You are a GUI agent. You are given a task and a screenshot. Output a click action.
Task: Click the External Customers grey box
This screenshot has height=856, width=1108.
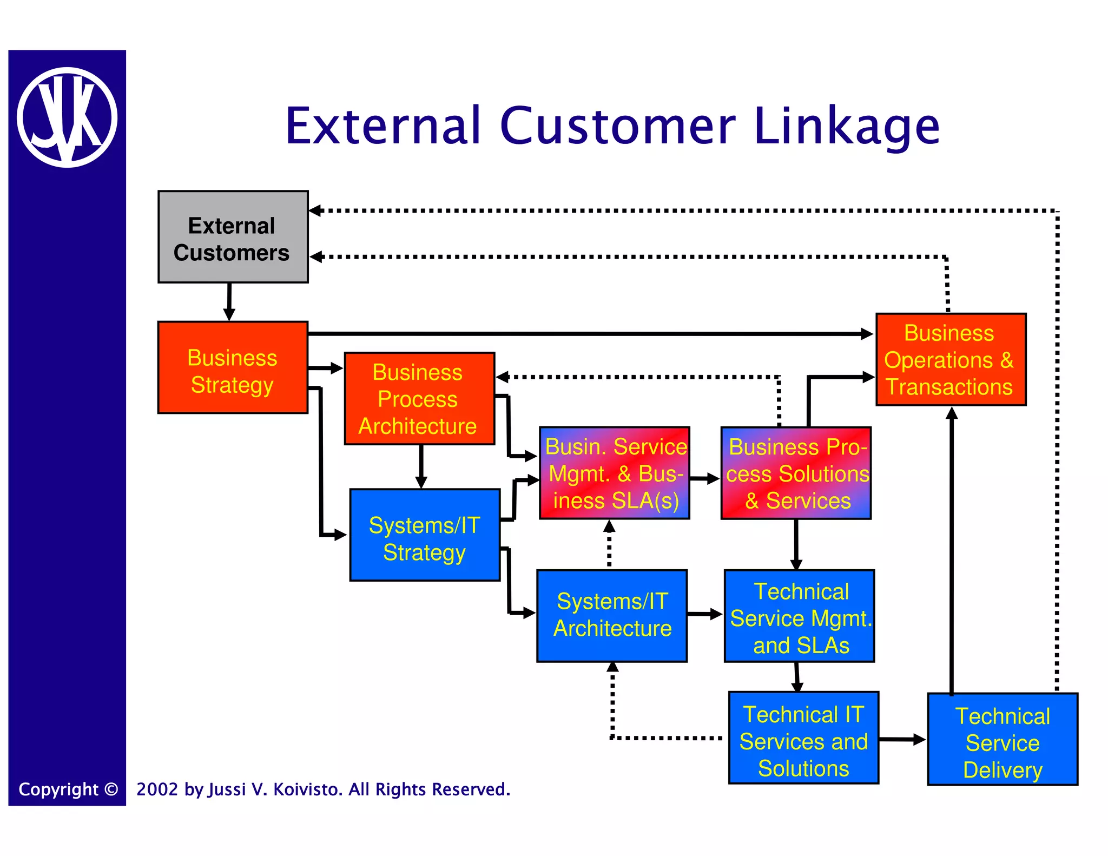coord(233,237)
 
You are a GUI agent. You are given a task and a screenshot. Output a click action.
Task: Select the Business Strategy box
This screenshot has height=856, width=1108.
coord(233,368)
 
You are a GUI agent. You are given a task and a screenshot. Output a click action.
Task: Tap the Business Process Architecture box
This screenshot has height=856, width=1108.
coord(419,399)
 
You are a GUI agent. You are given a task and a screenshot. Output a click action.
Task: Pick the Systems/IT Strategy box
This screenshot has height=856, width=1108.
coord(425,535)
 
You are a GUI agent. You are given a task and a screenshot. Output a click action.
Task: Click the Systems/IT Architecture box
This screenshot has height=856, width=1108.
coord(612,616)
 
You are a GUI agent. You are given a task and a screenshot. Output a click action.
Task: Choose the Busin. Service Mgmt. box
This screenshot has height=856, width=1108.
coord(615,473)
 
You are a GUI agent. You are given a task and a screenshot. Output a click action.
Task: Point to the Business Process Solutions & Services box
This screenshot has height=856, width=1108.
coord(796,473)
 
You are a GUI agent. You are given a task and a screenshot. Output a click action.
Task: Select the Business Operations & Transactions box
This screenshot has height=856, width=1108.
coord(951,359)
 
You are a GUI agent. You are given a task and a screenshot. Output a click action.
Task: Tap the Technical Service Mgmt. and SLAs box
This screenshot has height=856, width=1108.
coord(799,616)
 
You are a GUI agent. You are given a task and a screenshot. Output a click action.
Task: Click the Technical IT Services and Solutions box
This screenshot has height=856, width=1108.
coord(803,738)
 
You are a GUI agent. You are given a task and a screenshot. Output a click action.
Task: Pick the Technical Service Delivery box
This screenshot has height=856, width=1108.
coord(1003,739)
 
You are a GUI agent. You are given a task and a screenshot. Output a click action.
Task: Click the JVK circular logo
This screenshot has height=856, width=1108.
coord(67,117)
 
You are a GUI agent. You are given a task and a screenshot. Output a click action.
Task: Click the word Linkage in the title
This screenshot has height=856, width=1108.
coord(846,127)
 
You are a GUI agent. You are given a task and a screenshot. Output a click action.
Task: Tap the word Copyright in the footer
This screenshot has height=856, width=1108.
coord(58,789)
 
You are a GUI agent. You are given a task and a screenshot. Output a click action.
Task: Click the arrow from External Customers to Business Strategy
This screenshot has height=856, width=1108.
coord(229,302)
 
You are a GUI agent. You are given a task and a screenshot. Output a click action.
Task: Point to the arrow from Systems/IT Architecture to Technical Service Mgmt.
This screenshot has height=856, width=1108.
coord(705,614)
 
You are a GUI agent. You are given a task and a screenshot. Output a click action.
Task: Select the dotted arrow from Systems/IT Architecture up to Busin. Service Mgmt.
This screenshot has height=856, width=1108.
coord(609,544)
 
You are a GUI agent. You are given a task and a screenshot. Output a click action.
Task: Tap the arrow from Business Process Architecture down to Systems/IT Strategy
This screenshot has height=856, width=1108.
coord(421,466)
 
